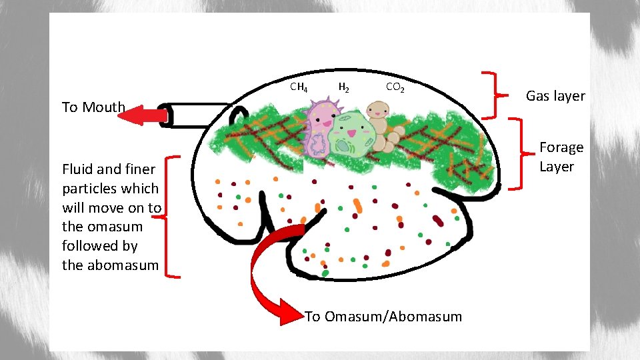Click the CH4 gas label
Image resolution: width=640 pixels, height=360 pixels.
(x=299, y=87)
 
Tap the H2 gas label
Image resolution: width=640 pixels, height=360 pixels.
(x=343, y=87)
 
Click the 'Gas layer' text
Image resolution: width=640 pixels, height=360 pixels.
(x=555, y=96)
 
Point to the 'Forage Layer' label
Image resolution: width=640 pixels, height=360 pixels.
(x=561, y=157)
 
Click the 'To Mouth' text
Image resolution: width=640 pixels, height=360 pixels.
(x=93, y=107)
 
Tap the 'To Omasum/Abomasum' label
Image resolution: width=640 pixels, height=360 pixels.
(x=383, y=317)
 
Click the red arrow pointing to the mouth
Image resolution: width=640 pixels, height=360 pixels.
(x=143, y=115)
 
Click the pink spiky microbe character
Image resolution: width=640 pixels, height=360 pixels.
(x=319, y=127)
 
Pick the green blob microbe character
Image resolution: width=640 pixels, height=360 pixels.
(x=348, y=135)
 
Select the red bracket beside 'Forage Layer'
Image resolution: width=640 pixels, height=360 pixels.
(x=517, y=154)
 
